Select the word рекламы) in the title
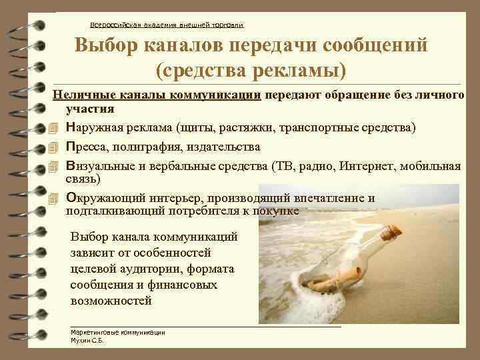303,69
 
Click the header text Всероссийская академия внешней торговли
167,25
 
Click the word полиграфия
145,147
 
